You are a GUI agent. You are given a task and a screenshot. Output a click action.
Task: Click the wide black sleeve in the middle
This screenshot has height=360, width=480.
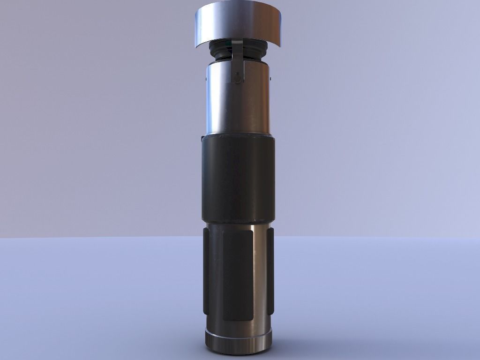click(237, 178)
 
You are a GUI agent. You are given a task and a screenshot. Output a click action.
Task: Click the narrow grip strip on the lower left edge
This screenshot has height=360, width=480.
click(206, 272)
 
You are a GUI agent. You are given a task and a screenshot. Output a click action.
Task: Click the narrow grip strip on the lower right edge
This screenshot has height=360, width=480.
click(270, 272)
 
